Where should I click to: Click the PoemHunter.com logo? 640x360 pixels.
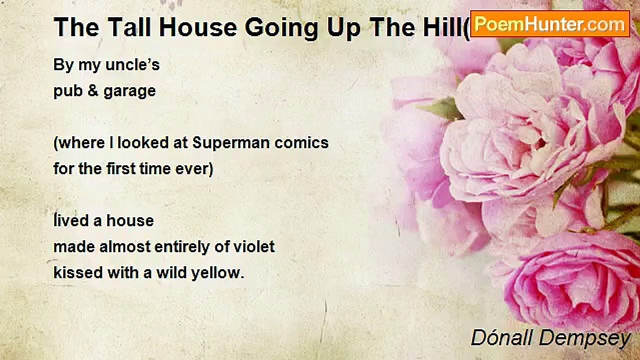coord(550,23)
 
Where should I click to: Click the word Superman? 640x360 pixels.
coord(231,143)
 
